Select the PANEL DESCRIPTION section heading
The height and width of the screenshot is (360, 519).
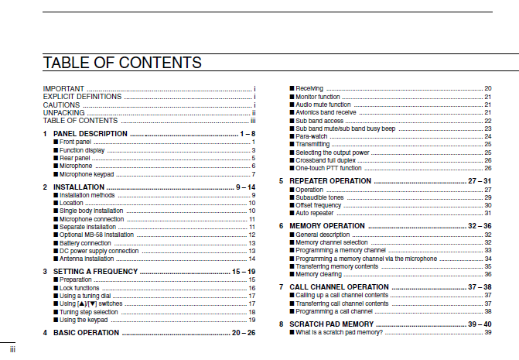pyautogui.click(x=89, y=134)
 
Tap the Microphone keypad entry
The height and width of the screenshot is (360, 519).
pyautogui.click(x=87, y=175)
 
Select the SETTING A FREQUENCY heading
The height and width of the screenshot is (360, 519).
pyautogui.click(x=95, y=272)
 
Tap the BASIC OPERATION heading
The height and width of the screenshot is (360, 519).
pyautogui.click(x=86, y=332)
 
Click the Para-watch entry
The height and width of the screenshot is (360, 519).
pyautogui.click(x=314, y=136)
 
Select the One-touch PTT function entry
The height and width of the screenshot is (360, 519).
pyautogui.click(x=329, y=168)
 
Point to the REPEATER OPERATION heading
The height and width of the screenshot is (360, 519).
pyautogui.click(x=330, y=180)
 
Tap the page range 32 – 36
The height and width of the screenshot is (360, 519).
pyautogui.click(x=480, y=225)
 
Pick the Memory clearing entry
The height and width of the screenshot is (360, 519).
pyautogui.click(x=319, y=274)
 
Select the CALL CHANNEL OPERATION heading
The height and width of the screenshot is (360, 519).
pyautogui.click(x=339, y=286)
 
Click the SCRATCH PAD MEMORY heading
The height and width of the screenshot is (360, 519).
pyautogui.click(x=332, y=324)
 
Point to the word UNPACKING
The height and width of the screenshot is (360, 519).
pyautogui.click(x=64, y=113)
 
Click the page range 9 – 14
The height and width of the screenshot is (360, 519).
pyautogui.click(x=245, y=187)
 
